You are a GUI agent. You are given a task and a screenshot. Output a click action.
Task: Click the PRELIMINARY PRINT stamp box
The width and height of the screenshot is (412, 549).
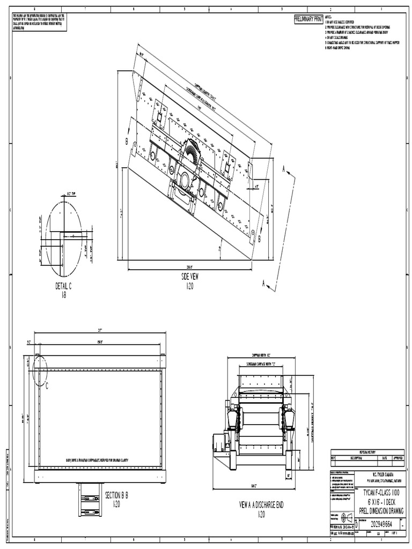(308, 19)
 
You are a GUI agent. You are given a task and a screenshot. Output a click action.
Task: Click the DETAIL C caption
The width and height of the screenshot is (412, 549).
(63, 286)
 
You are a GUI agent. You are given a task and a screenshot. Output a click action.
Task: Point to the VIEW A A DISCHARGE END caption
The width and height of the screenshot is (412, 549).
(261, 505)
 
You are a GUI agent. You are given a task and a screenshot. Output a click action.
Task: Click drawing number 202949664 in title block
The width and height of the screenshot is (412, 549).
(381, 524)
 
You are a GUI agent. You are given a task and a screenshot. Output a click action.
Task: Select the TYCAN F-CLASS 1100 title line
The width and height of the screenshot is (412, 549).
(381, 492)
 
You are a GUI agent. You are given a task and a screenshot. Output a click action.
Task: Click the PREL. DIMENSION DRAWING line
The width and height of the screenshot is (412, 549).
(381, 511)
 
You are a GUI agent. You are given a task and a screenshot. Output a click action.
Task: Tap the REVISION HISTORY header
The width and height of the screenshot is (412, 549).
(367, 451)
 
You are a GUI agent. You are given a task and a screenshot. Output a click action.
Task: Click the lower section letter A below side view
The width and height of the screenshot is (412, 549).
(263, 284)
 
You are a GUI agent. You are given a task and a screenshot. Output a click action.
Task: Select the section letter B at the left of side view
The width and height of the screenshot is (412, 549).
(127, 142)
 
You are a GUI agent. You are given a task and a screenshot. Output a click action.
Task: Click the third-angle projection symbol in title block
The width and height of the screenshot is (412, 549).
(343, 517)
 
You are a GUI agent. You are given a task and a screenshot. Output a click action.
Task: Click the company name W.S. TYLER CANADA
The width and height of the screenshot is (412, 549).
(381, 474)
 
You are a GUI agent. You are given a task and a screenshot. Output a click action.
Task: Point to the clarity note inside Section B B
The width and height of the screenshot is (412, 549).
(97, 460)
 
